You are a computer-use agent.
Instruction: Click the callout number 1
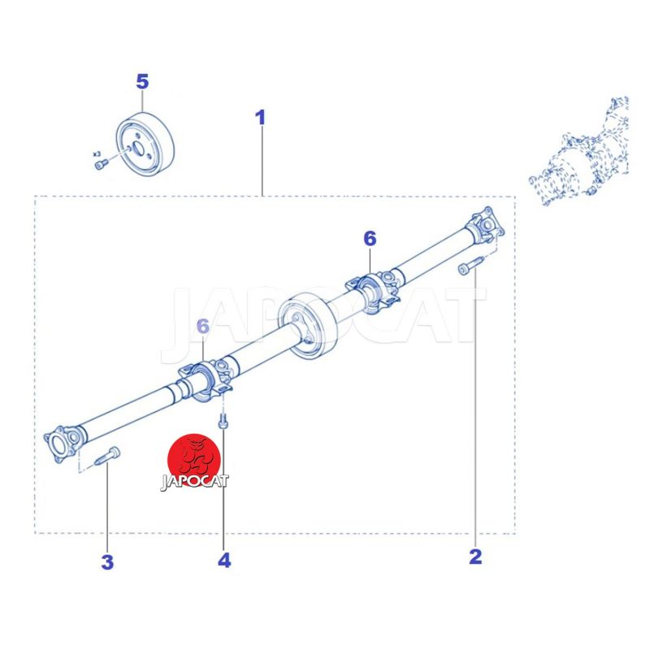(x=260, y=118)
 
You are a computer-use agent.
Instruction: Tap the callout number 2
(x=475, y=557)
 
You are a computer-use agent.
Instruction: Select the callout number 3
(x=107, y=562)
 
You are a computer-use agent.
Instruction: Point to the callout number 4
(x=224, y=560)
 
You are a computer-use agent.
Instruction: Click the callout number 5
(x=142, y=82)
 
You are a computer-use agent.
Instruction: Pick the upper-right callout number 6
(x=370, y=239)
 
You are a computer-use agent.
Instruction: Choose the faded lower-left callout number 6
(x=202, y=327)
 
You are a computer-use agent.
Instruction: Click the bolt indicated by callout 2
(x=471, y=266)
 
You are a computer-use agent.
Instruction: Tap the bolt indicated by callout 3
(x=107, y=456)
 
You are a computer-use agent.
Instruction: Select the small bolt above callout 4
(x=223, y=421)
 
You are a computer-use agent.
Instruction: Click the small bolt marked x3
(x=102, y=164)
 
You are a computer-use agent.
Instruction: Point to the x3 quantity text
(x=97, y=154)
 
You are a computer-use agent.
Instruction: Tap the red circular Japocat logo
(x=194, y=461)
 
